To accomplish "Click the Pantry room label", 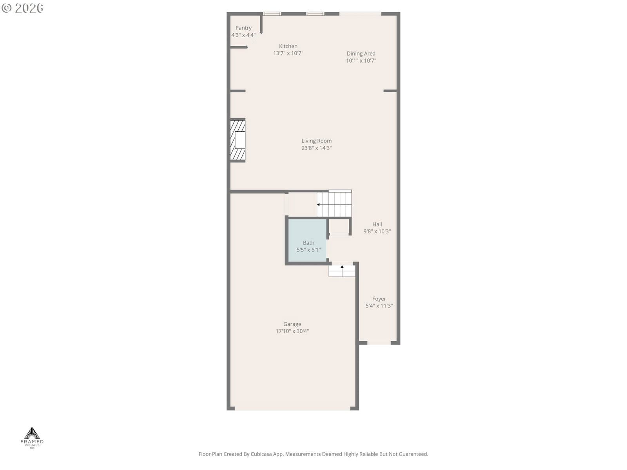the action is pyautogui.click(x=243, y=28).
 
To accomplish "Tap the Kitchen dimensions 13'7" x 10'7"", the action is pyautogui.click(x=288, y=53).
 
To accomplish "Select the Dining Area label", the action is pyautogui.click(x=361, y=53).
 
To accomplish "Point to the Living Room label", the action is pyautogui.click(x=317, y=141).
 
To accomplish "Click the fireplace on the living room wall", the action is pyautogui.click(x=237, y=140).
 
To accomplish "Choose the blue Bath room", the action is pyautogui.click(x=307, y=240).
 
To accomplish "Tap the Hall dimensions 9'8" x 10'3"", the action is pyautogui.click(x=377, y=231).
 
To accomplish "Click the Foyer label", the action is pyautogui.click(x=379, y=298).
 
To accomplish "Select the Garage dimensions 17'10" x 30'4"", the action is pyautogui.click(x=292, y=331).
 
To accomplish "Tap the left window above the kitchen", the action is pyautogui.click(x=272, y=13).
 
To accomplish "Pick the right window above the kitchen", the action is pyautogui.click(x=315, y=13).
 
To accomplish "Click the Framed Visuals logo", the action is pyautogui.click(x=32, y=438).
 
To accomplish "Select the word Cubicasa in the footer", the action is pyautogui.click(x=261, y=454).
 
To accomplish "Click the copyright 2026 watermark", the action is pyautogui.click(x=22, y=8).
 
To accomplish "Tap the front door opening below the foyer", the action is pyautogui.click(x=379, y=343).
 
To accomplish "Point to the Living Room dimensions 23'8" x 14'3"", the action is pyautogui.click(x=317, y=148).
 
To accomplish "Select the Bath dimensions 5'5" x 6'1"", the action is pyautogui.click(x=308, y=250).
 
